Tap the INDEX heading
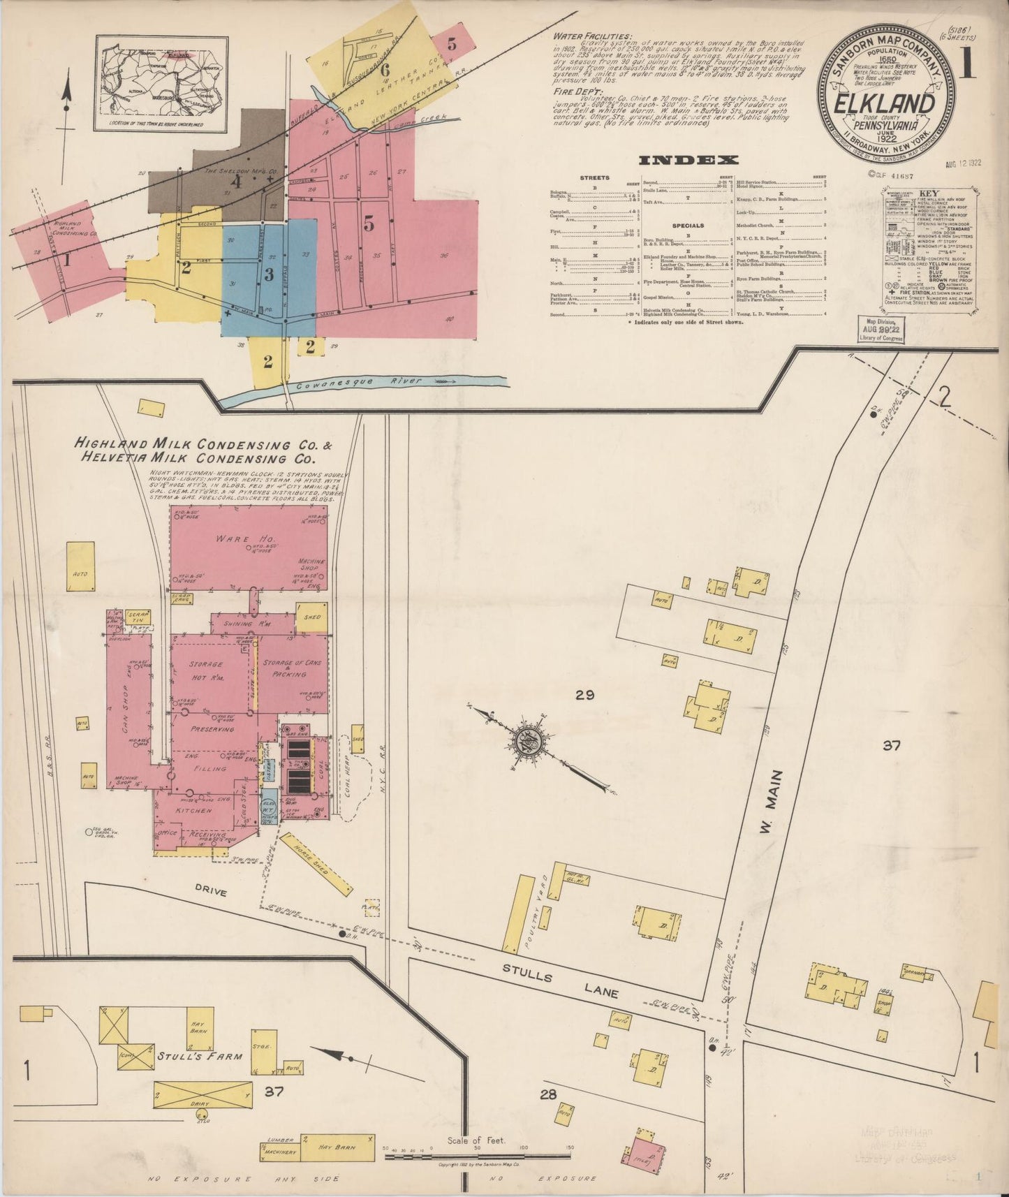[689, 160]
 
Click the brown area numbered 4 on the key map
[237, 183]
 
